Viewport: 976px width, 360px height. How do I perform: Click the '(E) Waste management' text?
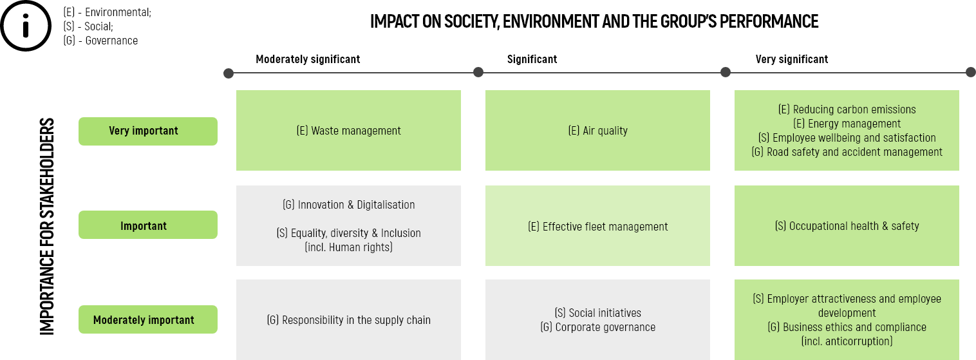point(348,131)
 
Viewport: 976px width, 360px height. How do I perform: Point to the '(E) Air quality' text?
point(597,131)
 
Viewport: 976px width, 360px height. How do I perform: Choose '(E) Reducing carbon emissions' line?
point(847,109)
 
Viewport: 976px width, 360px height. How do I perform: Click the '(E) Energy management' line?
point(847,124)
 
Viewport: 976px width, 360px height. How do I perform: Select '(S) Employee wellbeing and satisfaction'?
point(847,138)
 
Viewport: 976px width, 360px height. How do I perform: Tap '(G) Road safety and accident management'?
point(847,152)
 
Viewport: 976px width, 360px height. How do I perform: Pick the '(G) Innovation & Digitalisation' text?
point(348,205)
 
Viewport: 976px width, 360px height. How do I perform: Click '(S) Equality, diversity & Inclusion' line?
point(348,233)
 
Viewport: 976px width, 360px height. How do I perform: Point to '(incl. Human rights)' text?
point(348,247)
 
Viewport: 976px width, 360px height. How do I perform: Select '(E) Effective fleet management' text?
point(597,227)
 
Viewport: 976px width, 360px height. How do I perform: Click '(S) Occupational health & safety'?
point(847,226)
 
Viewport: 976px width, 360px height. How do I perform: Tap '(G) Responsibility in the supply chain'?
point(348,320)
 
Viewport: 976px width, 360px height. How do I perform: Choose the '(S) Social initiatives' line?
point(597,313)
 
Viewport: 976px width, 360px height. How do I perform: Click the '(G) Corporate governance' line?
point(597,327)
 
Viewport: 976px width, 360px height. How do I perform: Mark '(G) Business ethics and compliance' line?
point(847,327)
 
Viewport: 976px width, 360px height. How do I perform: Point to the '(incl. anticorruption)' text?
point(847,341)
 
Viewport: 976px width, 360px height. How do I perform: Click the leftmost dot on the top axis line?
point(229,73)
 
